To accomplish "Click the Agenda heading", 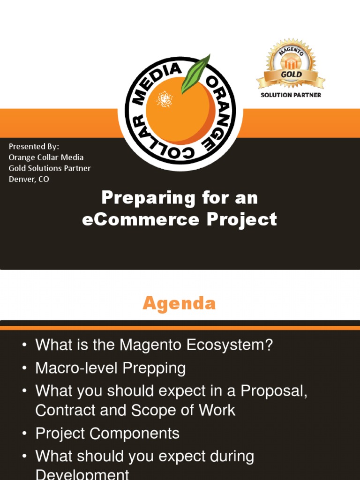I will click(179, 303).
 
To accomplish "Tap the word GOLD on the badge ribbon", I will click(291, 75).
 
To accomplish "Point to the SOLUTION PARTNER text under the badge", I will click(291, 95).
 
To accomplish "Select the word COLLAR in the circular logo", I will click(155, 143).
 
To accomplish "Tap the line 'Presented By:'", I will click(34, 146).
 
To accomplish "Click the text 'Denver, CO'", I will click(29, 179).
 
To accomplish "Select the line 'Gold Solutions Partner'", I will click(50, 168).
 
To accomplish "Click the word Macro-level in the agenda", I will click(77, 368).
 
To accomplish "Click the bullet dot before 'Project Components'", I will click(24, 434).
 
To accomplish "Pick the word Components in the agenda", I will click(136, 434).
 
